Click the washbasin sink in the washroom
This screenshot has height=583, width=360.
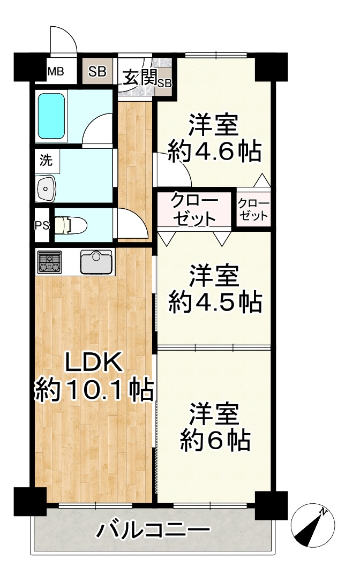click(47, 188)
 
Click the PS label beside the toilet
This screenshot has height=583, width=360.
click(42, 225)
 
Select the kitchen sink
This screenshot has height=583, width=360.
click(96, 262)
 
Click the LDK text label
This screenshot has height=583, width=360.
click(94, 364)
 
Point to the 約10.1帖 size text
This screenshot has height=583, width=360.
click(94, 391)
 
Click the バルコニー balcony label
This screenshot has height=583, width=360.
click(153, 531)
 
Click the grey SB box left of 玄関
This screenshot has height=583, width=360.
click(97, 71)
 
